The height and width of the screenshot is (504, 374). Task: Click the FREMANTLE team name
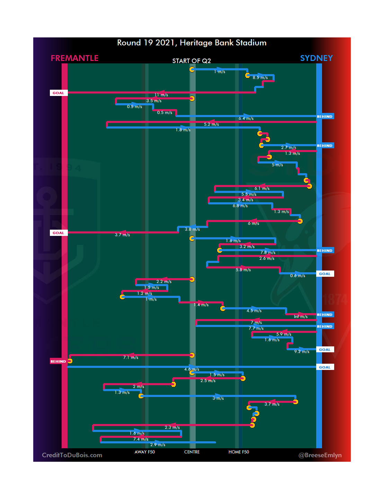coord(74,58)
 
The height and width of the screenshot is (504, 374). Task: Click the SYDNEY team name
coord(316,58)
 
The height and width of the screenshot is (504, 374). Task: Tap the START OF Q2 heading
coord(192,61)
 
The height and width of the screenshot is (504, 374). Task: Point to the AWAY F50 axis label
coord(145,452)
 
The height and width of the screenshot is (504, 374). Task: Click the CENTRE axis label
coord(192,452)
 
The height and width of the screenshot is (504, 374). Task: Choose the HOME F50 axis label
coord(239,452)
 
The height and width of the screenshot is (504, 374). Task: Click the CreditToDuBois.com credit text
coord(72,455)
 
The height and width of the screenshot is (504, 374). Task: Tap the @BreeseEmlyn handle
coord(320,455)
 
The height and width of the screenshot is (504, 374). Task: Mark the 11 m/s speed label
coord(161,95)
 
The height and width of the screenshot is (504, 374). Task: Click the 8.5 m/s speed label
coord(260,78)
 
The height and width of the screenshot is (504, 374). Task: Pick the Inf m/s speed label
coord(301,317)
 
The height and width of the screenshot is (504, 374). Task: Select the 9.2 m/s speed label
coord(302,352)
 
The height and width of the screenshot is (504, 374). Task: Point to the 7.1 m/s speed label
coord(131,357)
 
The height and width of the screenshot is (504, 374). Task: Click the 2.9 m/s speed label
coord(158,445)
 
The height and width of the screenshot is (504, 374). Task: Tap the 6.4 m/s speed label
coord(246,118)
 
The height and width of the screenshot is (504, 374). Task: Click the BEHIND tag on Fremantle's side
coord(58,361)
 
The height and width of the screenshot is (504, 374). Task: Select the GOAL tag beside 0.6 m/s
coord(324,274)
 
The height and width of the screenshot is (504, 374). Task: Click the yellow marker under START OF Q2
coord(192,69)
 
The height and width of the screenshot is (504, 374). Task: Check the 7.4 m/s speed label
coord(141,439)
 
